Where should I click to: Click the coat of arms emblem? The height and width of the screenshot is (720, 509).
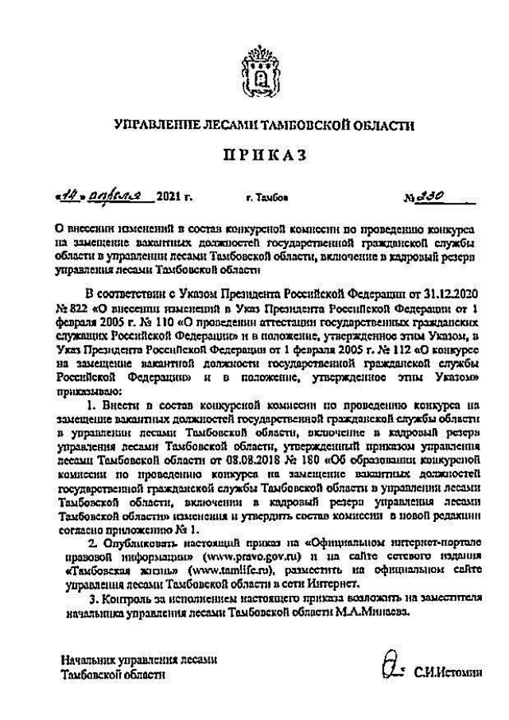coord(254,72)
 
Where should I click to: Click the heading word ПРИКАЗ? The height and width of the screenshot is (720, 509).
coord(254,158)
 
